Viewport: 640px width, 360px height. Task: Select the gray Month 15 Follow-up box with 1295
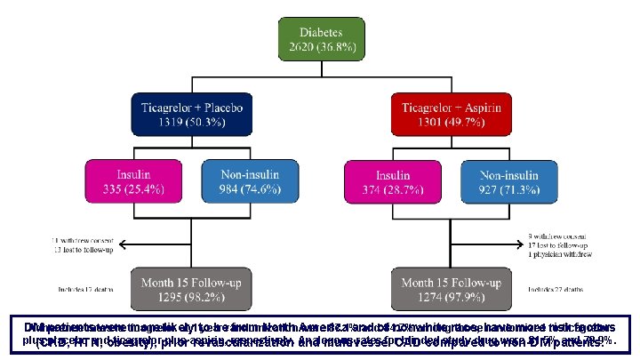[191, 290]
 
